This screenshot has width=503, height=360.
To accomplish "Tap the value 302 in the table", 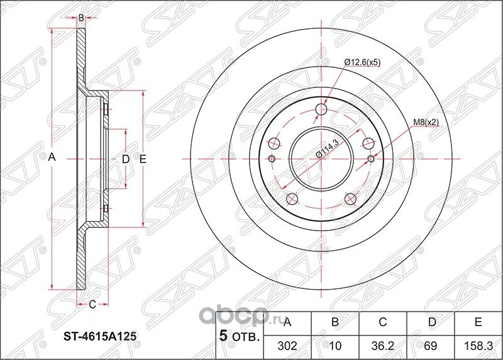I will click(287, 345).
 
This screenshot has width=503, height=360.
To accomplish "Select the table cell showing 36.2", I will click(383, 345).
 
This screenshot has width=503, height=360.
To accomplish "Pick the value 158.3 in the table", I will click(478, 345).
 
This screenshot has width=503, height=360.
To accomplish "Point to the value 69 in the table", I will click(431, 345).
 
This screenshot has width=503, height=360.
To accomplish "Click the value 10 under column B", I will click(335, 345).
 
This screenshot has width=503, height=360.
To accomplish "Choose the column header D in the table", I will click(431, 323).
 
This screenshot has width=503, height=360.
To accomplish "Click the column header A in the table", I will click(287, 323).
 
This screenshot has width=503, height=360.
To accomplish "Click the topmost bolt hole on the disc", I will click(322, 109).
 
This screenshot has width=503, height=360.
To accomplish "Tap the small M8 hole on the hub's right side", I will click(370, 158).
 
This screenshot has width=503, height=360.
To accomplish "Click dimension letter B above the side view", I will click(81, 18).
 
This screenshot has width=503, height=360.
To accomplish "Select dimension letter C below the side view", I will click(92, 305).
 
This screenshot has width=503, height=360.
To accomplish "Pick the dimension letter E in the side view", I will click(143, 160).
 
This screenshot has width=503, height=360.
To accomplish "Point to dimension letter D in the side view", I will click(125, 160).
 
